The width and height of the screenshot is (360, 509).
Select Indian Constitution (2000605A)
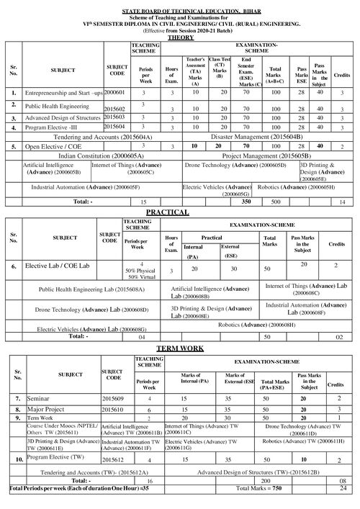coord(97,155)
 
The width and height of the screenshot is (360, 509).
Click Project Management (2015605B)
coord(266,155)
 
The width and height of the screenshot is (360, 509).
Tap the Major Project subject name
coord(48,408)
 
